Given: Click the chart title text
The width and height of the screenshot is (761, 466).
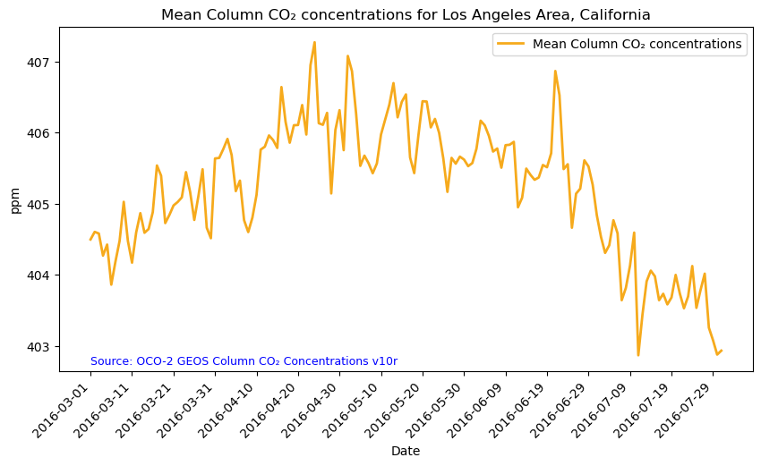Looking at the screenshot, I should point(406,14).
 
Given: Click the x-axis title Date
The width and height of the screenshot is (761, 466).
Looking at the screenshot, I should point(406,452).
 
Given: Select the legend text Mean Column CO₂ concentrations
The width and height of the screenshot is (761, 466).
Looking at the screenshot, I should point(637,44).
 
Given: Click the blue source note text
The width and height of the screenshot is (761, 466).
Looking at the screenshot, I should point(244,361).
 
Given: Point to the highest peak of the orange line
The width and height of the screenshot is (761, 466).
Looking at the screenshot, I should point(314,42).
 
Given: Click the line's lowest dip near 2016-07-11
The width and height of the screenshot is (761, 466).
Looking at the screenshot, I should point(638,355).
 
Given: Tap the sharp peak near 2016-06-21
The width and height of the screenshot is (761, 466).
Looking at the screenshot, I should point(555,71).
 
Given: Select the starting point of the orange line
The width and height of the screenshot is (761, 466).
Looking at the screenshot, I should point(90,240).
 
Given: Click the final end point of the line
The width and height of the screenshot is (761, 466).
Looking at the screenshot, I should point(722,351).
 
